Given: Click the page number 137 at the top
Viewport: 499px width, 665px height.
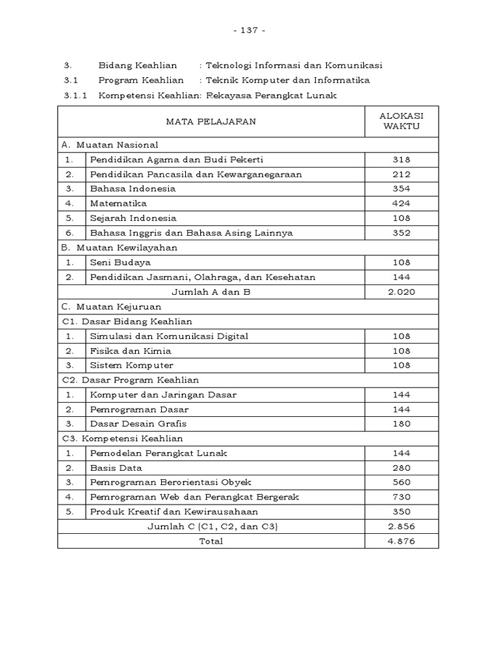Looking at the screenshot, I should (x=249, y=31).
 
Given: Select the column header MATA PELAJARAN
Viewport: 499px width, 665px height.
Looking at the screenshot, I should (x=211, y=121).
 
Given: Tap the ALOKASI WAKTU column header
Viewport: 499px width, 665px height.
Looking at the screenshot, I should (x=401, y=121).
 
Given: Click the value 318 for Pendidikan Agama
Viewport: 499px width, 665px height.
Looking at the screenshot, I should (x=401, y=160).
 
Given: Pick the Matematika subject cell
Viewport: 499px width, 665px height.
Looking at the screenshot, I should (x=119, y=203).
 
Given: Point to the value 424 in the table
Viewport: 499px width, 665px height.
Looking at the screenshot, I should (x=401, y=203).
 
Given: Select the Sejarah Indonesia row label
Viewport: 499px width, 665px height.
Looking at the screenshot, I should (x=133, y=218).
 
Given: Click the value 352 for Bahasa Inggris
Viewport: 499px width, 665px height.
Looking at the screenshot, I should (x=401, y=233).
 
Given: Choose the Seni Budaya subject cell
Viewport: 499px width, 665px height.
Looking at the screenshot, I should (x=121, y=262).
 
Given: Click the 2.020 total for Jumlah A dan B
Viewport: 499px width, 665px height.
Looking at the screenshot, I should (x=401, y=292).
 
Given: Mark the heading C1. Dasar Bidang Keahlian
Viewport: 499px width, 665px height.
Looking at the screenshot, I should (x=127, y=321).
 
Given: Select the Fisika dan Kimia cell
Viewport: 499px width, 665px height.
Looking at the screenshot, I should (x=131, y=351).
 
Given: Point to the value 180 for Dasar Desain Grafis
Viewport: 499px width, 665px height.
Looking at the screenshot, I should (x=401, y=423).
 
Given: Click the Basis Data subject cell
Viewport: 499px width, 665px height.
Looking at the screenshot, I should (x=116, y=468).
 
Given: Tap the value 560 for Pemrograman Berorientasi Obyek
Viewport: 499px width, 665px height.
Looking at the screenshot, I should (x=401, y=483).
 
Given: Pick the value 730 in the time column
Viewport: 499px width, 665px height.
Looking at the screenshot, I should (x=401, y=497).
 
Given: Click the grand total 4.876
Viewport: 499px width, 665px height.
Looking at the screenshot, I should (x=401, y=541).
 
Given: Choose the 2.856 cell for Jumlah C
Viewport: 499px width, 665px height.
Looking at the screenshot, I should (x=401, y=527).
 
